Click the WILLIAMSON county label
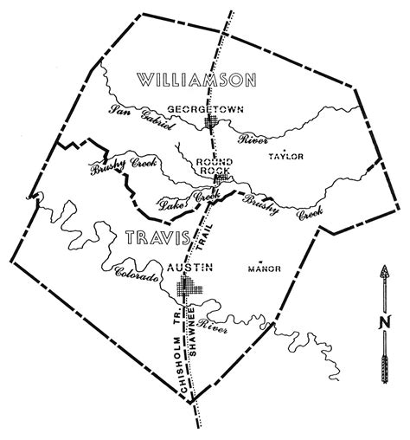[x=197, y=81]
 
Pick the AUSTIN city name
[x=189, y=268]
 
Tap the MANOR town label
[x=264, y=269]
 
